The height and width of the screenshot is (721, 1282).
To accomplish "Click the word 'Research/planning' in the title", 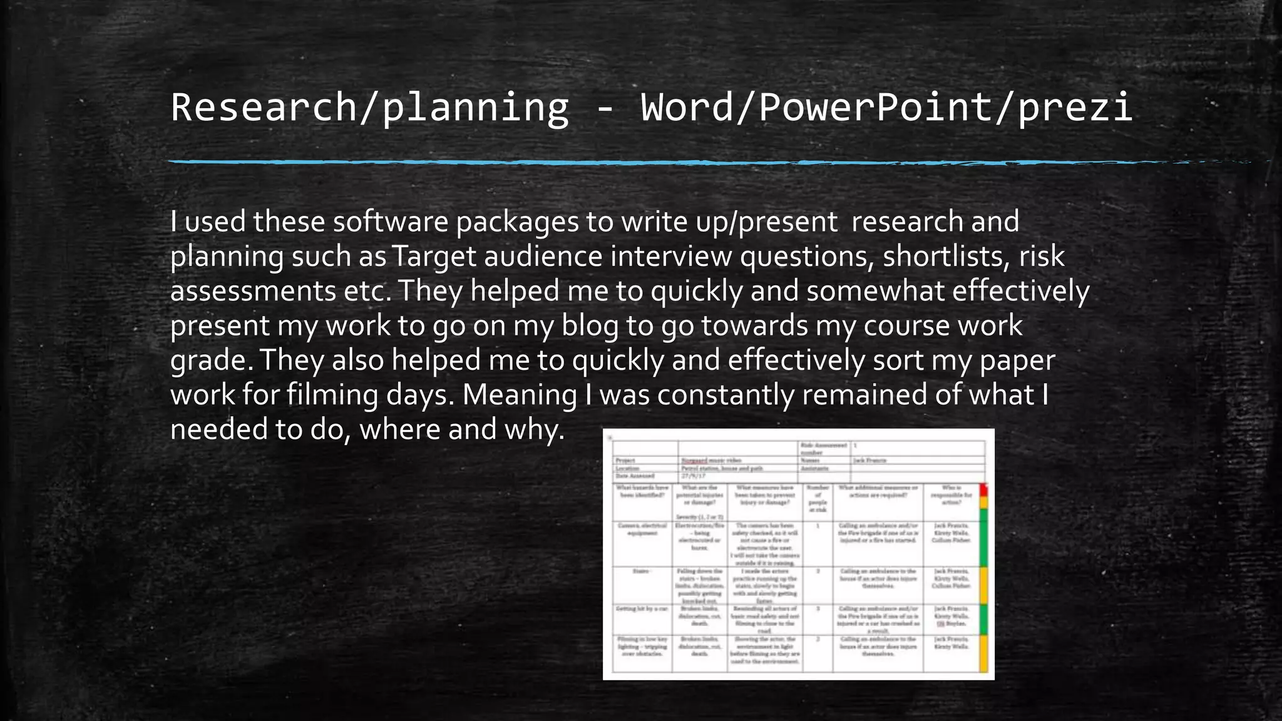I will point(369,108).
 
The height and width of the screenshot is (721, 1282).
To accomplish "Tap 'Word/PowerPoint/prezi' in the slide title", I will point(886,108).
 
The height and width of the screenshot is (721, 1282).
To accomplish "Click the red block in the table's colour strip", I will point(983,489).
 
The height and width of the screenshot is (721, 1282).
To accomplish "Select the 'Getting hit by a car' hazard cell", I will point(642,608).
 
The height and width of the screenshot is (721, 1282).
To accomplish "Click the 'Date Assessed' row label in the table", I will point(635,476).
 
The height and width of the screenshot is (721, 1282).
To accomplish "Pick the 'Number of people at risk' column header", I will point(818,499).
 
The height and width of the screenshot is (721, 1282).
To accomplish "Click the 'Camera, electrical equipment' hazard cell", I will point(642,529).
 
